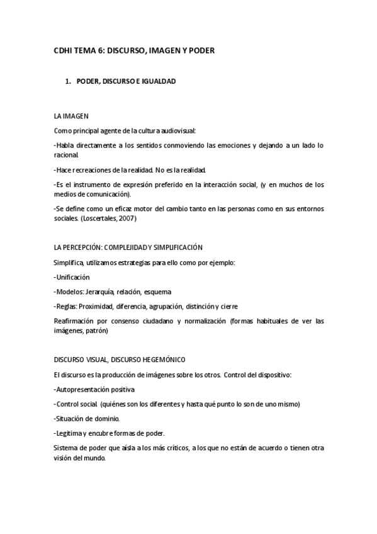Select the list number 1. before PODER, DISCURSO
click(69, 82)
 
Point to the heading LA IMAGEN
click(71, 116)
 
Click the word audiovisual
click(177, 130)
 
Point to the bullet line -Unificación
click(72, 277)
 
